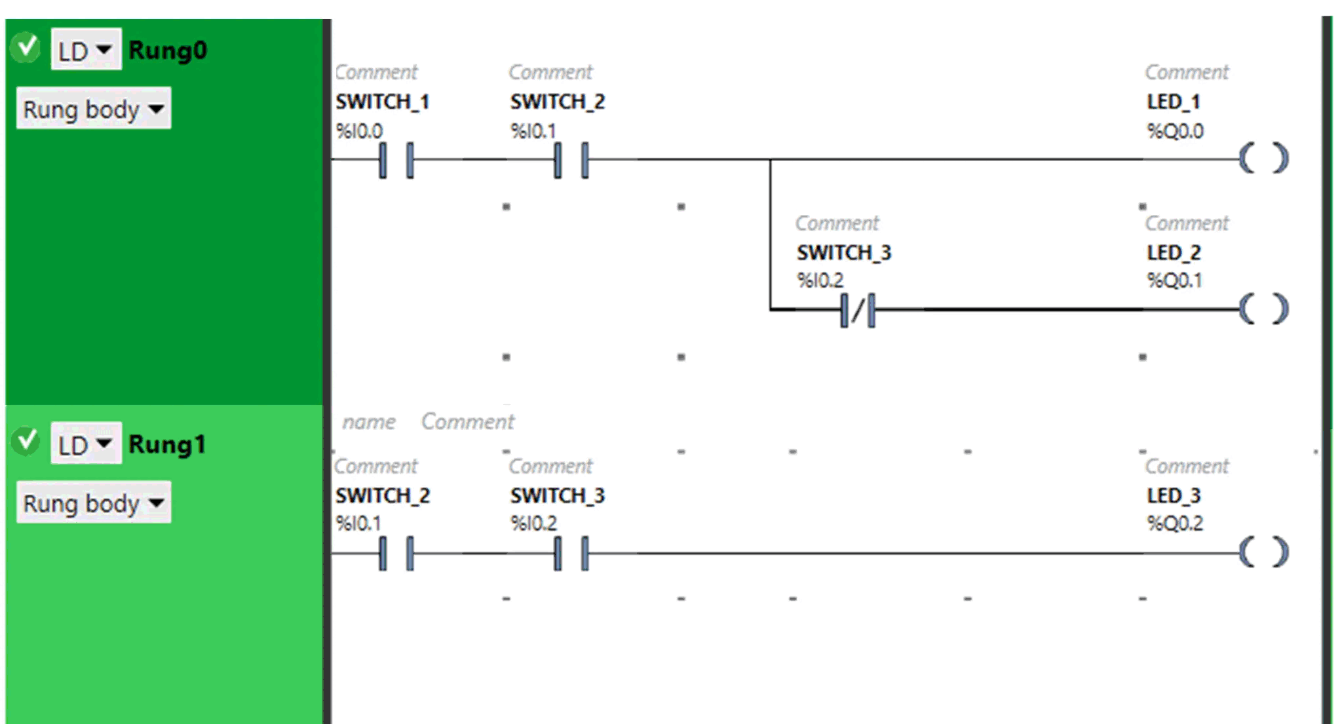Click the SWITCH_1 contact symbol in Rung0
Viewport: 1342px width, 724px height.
[x=396, y=160]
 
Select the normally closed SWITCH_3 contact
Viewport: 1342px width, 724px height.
[x=858, y=310]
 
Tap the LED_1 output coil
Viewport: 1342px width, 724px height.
[x=1264, y=159]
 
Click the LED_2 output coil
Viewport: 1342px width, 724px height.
[x=1264, y=309]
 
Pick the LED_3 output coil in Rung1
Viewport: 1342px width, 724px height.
[x=1264, y=552]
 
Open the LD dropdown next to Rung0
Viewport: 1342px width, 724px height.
[x=86, y=50]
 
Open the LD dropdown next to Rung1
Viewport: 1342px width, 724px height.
[x=86, y=444]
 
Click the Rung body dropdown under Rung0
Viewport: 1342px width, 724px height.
[x=94, y=109]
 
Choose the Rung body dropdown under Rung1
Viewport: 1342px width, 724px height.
[x=94, y=503]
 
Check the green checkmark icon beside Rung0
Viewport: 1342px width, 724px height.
[x=27, y=47]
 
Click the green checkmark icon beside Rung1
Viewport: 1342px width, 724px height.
[x=27, y=441]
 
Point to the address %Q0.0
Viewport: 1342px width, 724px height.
[x=1175, y=131]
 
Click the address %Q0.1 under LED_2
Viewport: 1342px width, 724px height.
[x=1174, y=280]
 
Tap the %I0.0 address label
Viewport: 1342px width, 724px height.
[x=359, y=131]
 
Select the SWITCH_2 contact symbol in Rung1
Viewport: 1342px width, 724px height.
[x=396, y=553]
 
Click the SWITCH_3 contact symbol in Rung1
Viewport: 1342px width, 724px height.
[x=571, y=553]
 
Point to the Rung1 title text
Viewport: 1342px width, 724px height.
[x=167, y=444]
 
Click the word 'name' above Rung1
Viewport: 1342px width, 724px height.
[x=369, y=422]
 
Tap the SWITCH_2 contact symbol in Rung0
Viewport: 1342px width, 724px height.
[x=571, y=160]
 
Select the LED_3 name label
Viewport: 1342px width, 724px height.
[x=1174, y=495]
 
